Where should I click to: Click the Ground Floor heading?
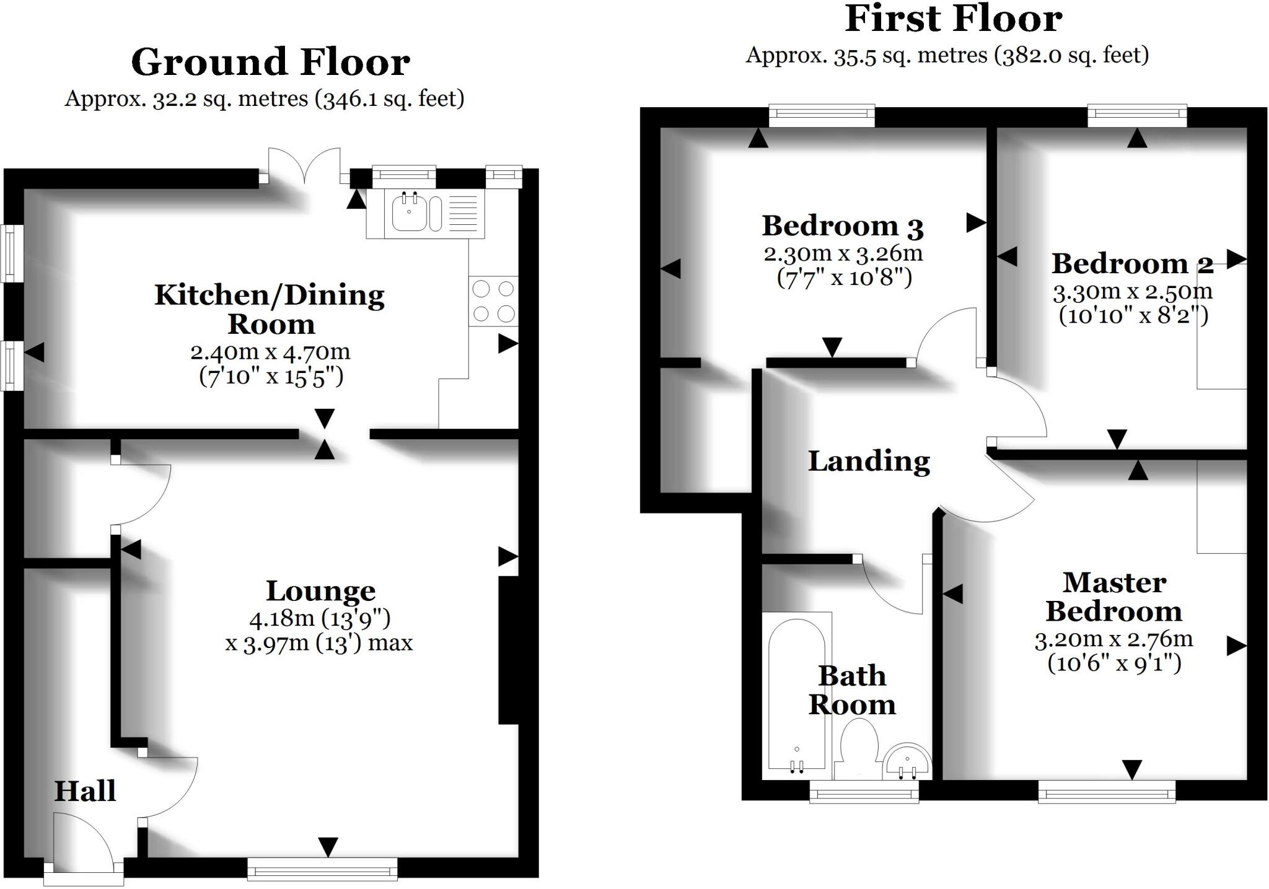click(270, 62)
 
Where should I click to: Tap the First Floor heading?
click(954, 19)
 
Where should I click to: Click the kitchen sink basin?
click(409, 213)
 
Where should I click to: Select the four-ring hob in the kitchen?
click(493, 302)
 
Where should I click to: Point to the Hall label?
click(85, 791)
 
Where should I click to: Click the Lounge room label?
click(321, 591)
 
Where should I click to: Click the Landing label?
click(869, 462)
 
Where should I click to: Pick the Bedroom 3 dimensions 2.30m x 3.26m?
click(843, 253)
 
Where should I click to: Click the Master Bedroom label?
click(1114, 597)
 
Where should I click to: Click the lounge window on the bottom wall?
click(322, 869)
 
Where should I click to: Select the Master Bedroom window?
click(1107, 791)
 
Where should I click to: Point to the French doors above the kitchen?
click(304, 166)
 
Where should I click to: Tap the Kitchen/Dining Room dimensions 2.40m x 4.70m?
click(270, 352)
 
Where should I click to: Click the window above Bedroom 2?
click(1137, 116)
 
